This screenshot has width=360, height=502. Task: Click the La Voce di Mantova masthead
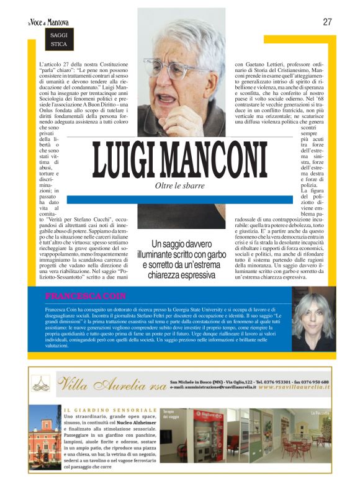tap(48, 22)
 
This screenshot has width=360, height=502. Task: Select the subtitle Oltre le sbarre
tap(179, 186)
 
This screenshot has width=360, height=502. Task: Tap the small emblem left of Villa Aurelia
tap(42, 385)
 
